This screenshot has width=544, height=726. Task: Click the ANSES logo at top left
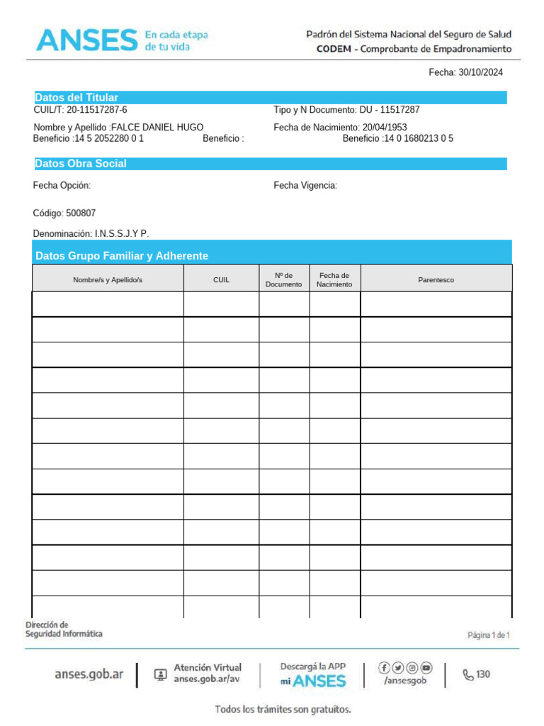click(x=86, y=40)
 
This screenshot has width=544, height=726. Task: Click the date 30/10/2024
click(x=481, y=72)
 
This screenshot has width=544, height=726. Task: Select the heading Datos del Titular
click(x=76, y=97)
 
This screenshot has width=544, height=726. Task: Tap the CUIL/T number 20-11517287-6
click(x=97, y=110)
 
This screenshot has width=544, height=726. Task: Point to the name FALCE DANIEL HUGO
click(x=158, y=127)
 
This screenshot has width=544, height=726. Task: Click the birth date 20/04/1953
click(x=385, y=127)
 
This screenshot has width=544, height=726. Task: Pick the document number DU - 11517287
click(x=395, y=110)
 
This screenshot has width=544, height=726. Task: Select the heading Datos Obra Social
click(x=81, y=164)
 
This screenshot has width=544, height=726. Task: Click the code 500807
click(x=81, y=213)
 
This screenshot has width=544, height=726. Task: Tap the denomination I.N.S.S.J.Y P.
click(x=122, y=233)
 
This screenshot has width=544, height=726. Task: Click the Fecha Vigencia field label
click(x=305, y=186)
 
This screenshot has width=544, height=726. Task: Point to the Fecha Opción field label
click(x=62, y=186)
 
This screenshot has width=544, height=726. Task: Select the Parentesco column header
click(x=436, y=280)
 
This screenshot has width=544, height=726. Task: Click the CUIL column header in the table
click(x=221, y=280)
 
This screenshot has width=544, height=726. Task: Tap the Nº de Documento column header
click(x=283, y=279)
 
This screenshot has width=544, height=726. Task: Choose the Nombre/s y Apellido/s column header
click(x=108, y=280)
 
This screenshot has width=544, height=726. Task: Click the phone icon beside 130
click(x=468, y=675)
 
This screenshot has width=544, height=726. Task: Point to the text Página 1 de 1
click(x=489, y=635)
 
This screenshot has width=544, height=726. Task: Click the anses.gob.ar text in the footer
click(x=89, y=674)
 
